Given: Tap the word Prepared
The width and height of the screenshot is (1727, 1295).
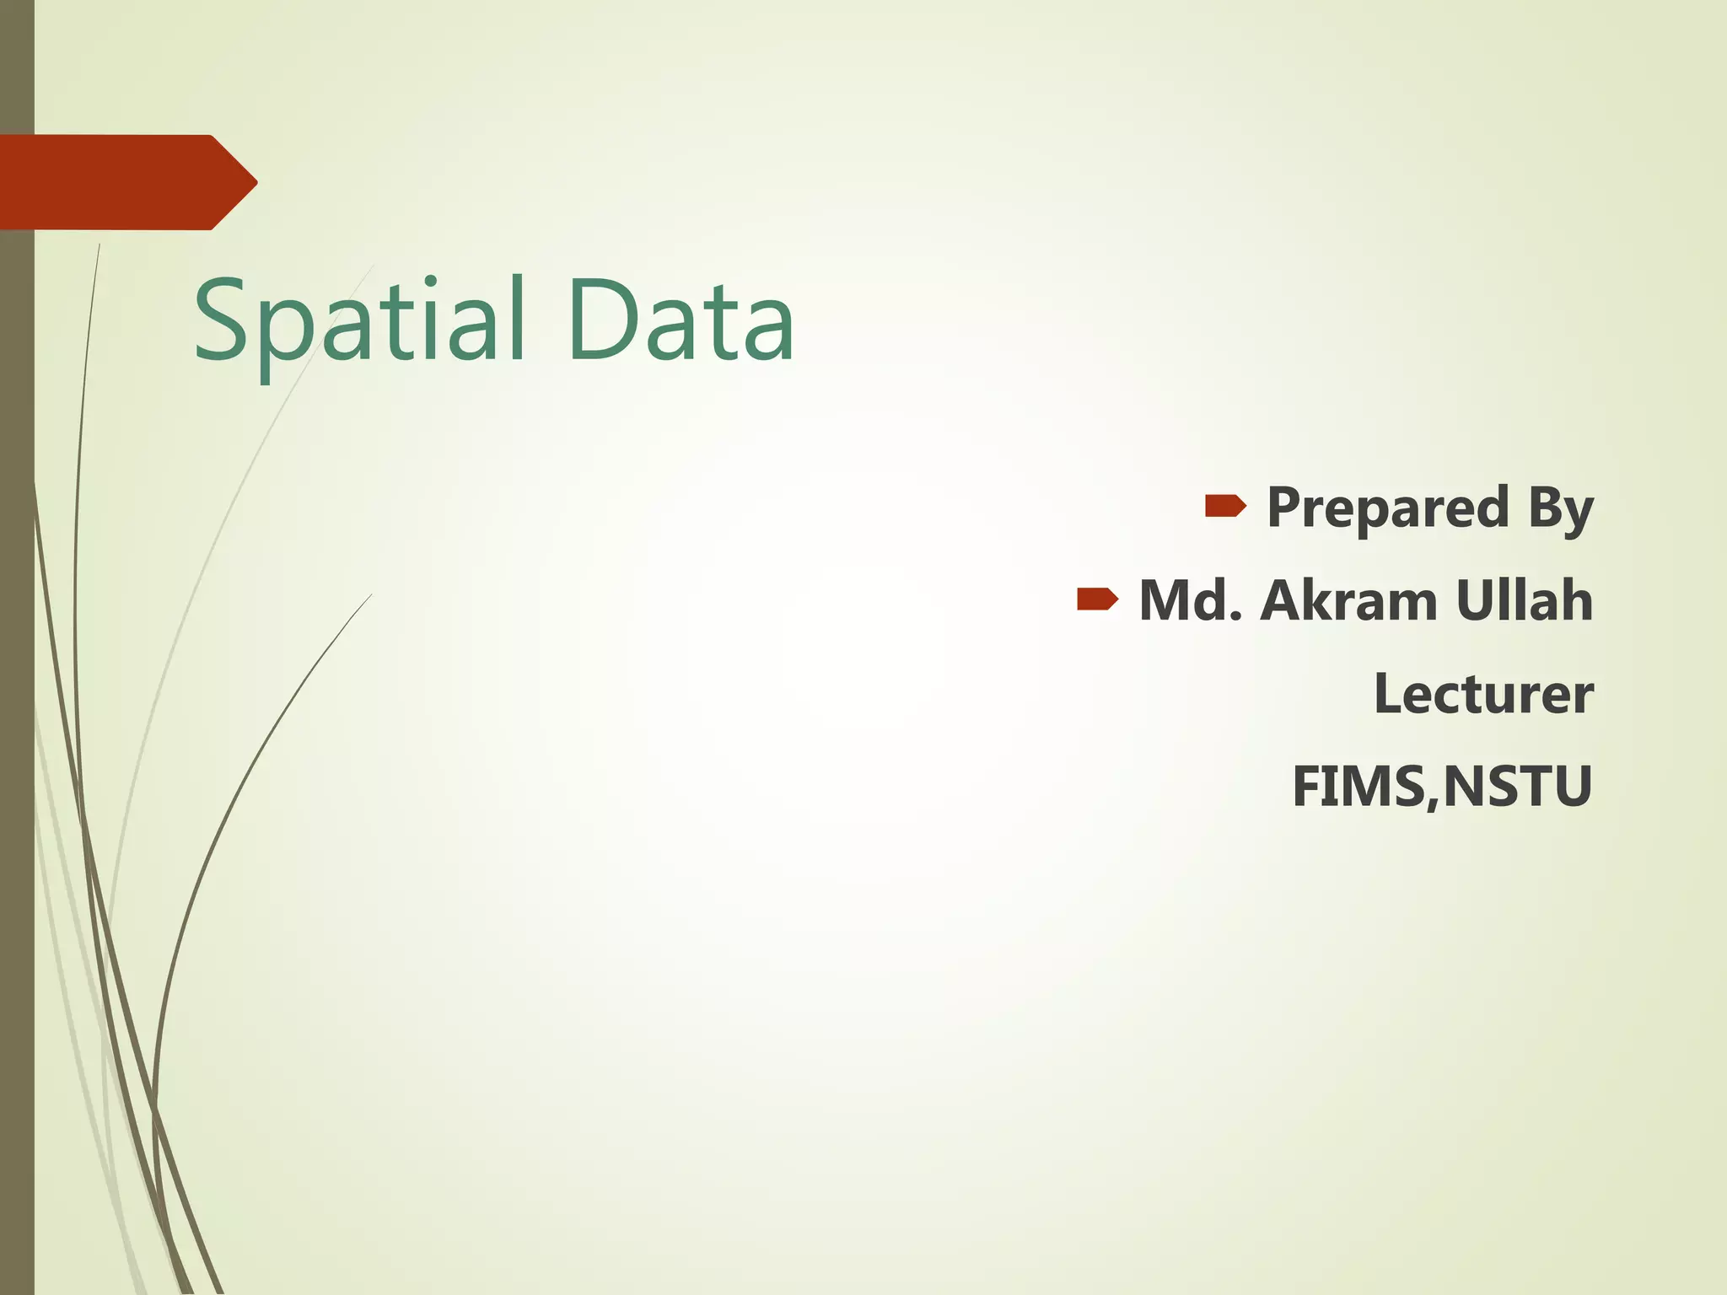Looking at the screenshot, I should [1388, 508].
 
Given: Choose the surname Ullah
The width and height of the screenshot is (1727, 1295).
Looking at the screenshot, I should [1525, 601].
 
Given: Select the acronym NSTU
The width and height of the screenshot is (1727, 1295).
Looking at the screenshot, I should [1517, 787].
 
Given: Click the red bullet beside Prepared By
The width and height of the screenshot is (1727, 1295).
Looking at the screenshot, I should [1225, 507].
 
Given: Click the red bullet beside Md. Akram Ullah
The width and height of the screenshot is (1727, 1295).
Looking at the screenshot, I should [1097, 599].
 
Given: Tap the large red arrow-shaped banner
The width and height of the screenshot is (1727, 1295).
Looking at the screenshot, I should [118, 182].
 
